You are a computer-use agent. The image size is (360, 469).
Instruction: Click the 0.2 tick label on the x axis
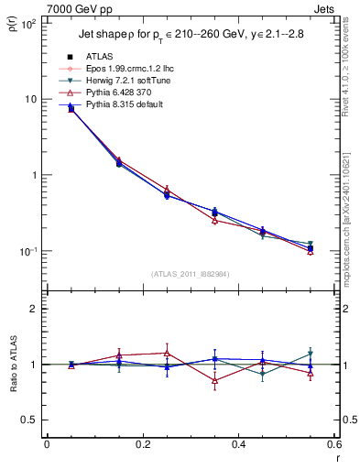click(142, 444)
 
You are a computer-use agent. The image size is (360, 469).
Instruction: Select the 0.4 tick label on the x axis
click(238, 444)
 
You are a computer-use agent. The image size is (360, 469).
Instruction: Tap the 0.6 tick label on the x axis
click(333, 444)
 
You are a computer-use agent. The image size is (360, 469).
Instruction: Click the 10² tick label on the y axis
click(28, 24)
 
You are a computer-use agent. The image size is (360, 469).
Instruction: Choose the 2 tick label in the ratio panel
click(34, 309)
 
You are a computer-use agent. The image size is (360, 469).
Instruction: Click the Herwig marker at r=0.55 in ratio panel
click(311, 354)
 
